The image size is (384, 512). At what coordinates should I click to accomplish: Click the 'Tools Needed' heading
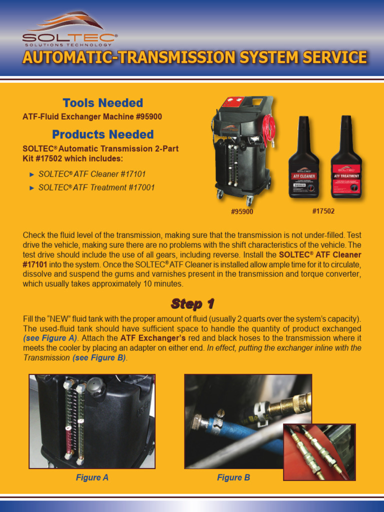pyautogui.click(x=102, y=103)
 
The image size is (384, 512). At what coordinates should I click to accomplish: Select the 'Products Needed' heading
pyautogui.click(x=102, y=134)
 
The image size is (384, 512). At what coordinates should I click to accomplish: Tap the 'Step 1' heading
pyautogui.click(x=192, y=303)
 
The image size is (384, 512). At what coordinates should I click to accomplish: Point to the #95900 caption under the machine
pyautogui.click(x=242, y=211)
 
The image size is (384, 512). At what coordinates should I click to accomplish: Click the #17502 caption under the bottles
pyautogui.click(x=323, y=211)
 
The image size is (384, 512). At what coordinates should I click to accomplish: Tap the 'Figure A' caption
pyautogui.click(x=92, y=477)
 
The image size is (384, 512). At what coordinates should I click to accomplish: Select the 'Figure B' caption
pyautogui.click(x=233, y=477)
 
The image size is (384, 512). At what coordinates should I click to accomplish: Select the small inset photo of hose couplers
pyautogui.click(x=319, y=452)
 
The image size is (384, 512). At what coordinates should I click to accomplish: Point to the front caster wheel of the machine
pyautogui.click(x=248, y=201)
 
